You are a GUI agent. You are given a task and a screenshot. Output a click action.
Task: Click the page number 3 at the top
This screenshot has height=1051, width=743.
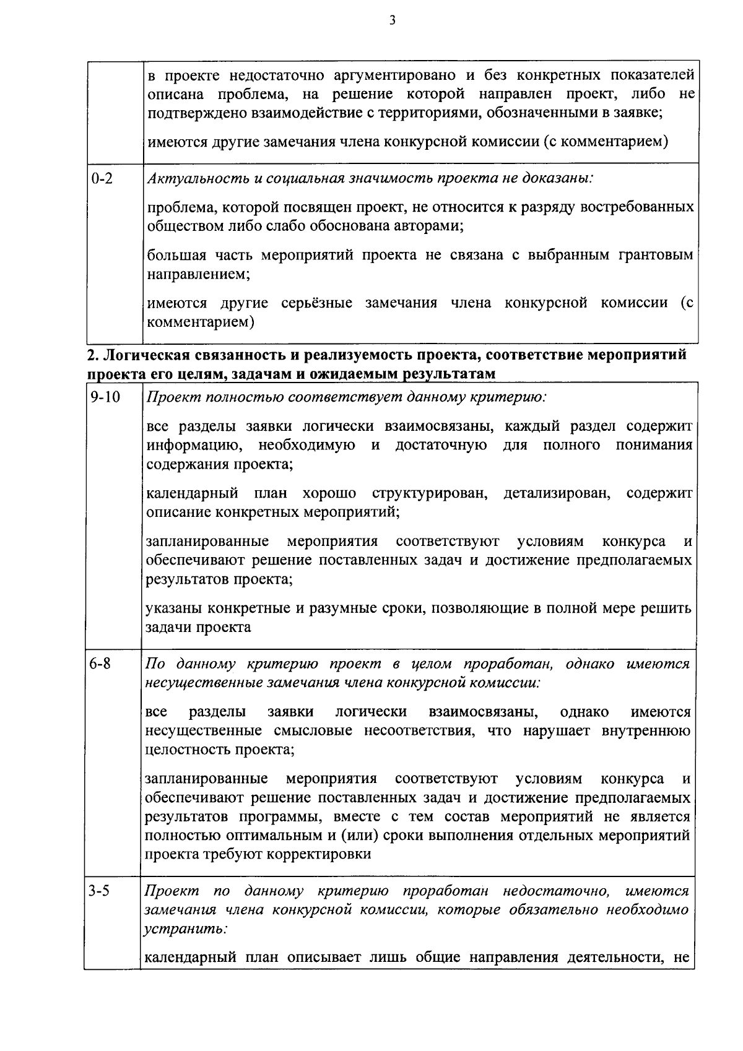pyautogui.click(x=392, y=20)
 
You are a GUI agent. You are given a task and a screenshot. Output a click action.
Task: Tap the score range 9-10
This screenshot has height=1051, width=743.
pyautogui.click(x=104, y=397)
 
